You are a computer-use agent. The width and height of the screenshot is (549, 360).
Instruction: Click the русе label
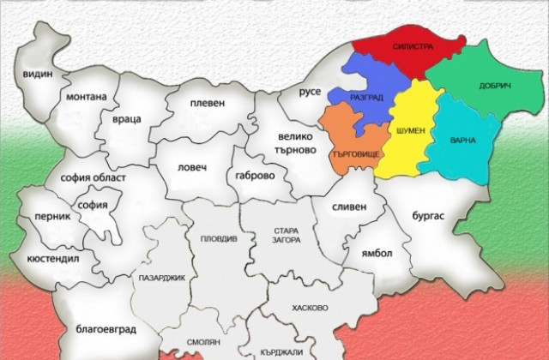310,92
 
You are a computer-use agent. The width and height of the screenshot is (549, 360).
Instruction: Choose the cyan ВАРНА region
462,139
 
